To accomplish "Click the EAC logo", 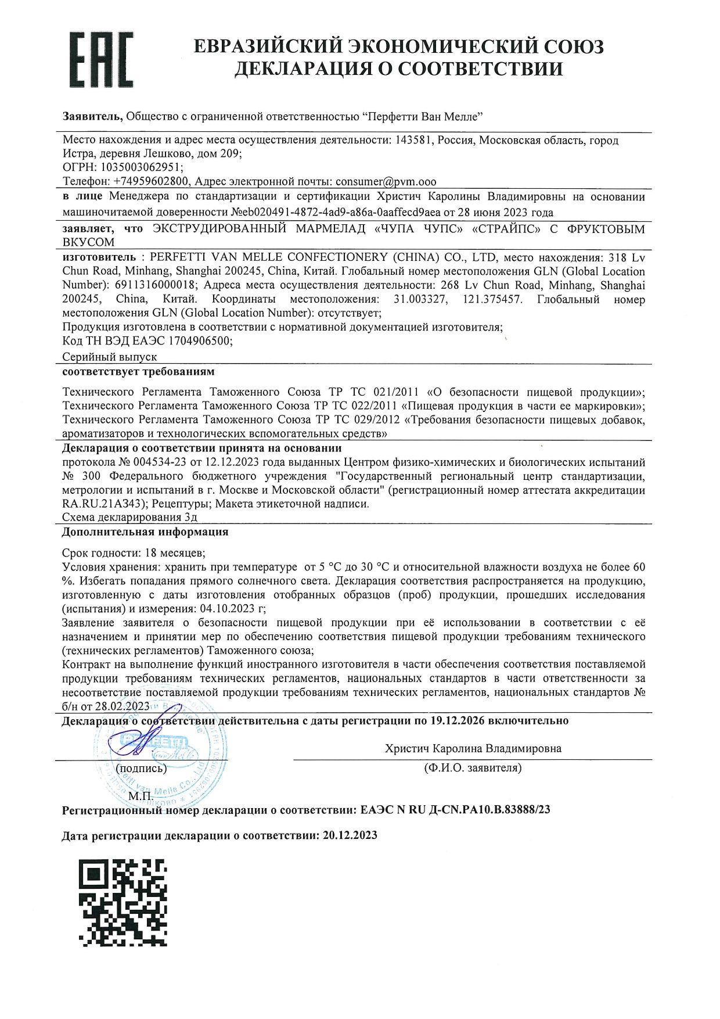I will [101, 58].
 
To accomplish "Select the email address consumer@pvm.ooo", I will [386, 182].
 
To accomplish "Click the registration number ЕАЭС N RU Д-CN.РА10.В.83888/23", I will [455, 810].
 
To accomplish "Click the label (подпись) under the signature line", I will [141, 769].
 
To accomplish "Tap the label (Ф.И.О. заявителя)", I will [473, 769].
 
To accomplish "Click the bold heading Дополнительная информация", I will [145, 532].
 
